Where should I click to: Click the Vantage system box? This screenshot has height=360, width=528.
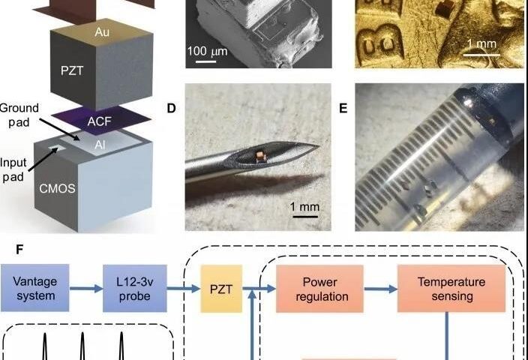click(35, 288)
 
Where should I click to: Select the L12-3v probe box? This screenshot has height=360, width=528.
click(135, 288)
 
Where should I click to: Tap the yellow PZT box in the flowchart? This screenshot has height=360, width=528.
click(221, 289)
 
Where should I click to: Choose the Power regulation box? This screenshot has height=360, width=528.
click(319, 289)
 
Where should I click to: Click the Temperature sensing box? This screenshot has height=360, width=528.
click(451, 289)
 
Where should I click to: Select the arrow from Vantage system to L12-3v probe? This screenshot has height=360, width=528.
click(86, 289)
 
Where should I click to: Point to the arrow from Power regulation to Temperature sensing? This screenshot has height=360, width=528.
click(380, 289)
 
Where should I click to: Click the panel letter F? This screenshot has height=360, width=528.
click(19, 250)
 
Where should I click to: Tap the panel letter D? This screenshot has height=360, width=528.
click(171, 109)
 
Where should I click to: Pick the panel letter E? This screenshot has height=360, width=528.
click(343, 109)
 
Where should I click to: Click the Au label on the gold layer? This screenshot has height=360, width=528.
click(102, 32)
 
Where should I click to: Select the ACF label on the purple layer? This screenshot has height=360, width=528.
click(99, 121)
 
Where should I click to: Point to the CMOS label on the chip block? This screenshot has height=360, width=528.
click(57, 188)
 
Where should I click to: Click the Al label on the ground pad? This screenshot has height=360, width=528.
click(100, 145)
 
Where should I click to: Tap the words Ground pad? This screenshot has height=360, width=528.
click(19, 115)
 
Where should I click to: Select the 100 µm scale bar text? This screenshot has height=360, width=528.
click(208, 52)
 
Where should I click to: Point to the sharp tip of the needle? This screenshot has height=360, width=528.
click(319, 145)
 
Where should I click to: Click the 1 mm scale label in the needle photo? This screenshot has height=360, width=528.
click(304, 206)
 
